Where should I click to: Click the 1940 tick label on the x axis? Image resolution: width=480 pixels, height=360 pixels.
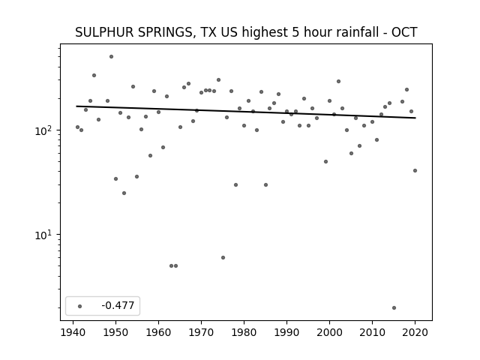tap(73, 333)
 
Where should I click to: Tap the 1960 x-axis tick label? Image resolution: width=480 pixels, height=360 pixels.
tap(158, 333)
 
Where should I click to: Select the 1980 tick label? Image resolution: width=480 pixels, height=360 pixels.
tap(244, 333)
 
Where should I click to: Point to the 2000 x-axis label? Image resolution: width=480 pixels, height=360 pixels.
tap(329, 333)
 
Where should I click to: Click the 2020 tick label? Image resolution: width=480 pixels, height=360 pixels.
tap(415, 333)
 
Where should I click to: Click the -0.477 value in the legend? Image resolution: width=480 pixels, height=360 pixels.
tap(118, 305)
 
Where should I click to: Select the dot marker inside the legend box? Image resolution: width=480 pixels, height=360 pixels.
tap(80, 306)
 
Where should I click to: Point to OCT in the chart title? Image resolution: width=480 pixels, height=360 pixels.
tap(404, 32)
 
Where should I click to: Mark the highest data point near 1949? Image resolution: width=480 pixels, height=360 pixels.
tap(112, 57)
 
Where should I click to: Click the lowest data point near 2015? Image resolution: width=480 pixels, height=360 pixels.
tap(394, 307)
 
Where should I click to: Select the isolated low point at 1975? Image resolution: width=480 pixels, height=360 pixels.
tap(223, 257)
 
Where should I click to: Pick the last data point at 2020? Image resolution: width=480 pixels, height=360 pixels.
tap(415, 170)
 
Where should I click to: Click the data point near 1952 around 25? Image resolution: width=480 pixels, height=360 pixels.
tap(124, 193)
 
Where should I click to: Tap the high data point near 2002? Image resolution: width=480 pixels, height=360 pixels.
tap(338, 81)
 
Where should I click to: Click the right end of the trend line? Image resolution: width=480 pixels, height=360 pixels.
tap(415, 118)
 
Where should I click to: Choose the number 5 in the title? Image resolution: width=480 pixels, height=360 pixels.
tap(295, 32)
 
